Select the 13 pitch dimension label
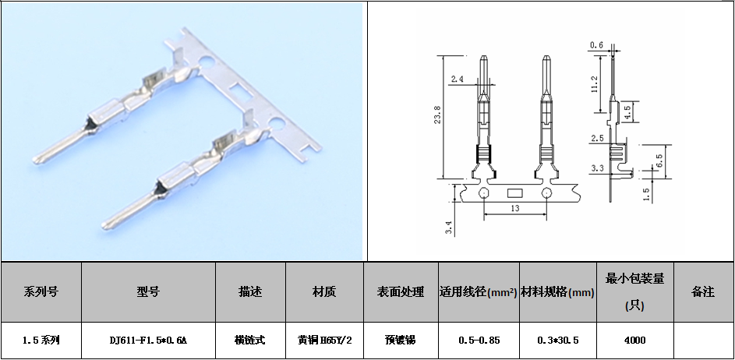pos(514,209)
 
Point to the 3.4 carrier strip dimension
pos(449,228)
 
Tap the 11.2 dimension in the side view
pos(595,84)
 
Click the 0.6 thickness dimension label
pos(596,45)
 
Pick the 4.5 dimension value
pos(627,111)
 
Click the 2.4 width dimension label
pos(457,79)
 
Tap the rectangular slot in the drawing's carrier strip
pos(514,193)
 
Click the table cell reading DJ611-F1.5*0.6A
pos(148,341)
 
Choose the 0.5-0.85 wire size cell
pos(479,341)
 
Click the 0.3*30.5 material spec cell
pos(558,341)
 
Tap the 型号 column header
pos(148,291)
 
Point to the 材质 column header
pos(324,291)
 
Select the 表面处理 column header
pos(401,291)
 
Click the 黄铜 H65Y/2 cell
pos(324,341)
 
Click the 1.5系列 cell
pos(41,341)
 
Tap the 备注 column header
pos(703,291)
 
